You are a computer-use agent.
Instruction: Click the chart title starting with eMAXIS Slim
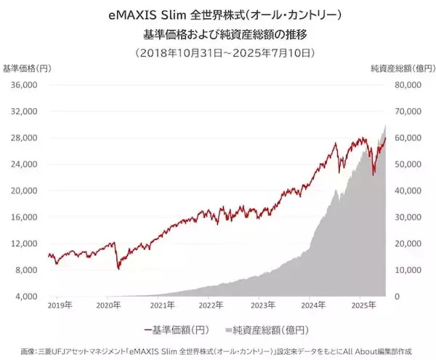218,15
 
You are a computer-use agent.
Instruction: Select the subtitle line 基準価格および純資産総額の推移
218,33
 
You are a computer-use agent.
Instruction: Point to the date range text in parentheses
218,52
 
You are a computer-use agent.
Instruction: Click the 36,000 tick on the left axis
25,85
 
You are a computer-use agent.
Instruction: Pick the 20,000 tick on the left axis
25,191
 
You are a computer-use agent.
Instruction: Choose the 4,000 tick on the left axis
27,297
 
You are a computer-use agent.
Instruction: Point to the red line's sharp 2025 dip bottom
374,175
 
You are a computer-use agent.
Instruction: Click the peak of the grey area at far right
385,126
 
